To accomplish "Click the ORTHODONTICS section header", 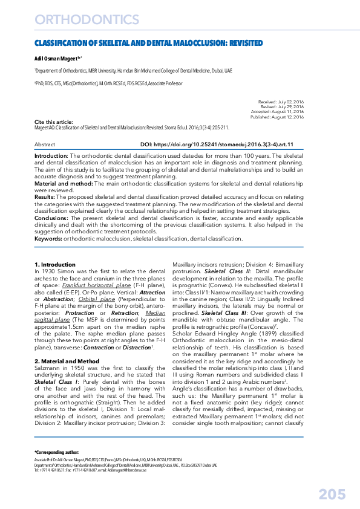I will (87, 20).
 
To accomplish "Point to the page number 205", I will (332, 494).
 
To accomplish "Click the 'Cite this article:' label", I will (53, 122).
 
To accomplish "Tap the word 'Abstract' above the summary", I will (45, 145).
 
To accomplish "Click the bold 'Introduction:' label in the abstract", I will (51, 156).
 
